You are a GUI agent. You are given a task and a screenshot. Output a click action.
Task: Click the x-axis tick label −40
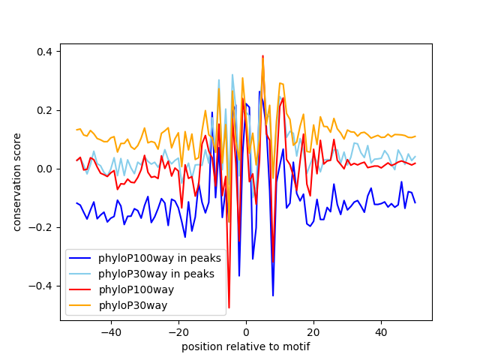[x=110, y=331]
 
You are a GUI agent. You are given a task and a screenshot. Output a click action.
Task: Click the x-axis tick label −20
[x=178, y=331]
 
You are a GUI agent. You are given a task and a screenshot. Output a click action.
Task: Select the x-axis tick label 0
[x=246, y=331]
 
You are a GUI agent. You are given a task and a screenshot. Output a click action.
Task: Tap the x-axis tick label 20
[x=313, y=331]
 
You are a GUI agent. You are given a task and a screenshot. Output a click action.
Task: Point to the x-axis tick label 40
[x=381, y=331]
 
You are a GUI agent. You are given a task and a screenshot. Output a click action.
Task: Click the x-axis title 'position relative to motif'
[x=246, y=346]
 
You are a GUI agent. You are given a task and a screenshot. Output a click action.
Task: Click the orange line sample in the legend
[x=81, y=306]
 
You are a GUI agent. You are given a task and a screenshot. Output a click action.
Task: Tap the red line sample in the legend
[x=81, y=290]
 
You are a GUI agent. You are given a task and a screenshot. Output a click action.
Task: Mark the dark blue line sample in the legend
[x=81, y=258]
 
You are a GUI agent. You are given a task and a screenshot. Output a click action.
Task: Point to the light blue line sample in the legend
[x=81, y=274]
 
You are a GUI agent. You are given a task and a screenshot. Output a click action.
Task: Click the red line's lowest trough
[x=229, y=307]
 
